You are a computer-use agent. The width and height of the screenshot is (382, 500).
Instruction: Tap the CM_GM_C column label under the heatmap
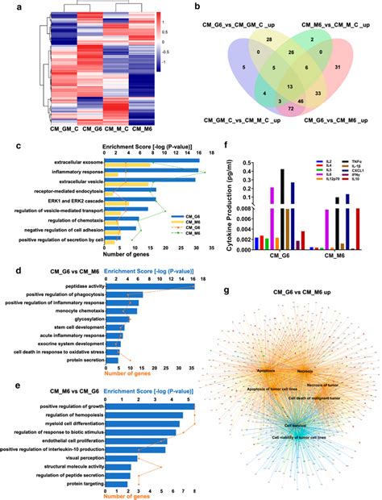pos(43,127)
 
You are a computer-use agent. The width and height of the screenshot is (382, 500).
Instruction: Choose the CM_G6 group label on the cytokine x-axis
pos(265,257)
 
